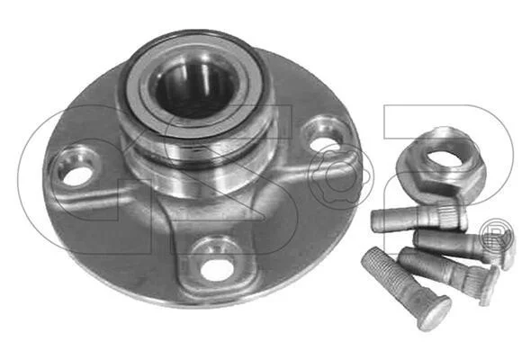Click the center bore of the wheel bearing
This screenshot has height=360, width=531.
click(x=195, y=89)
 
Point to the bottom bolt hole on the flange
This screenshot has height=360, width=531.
click(x=215, y=270)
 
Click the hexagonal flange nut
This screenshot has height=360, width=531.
click(x=441, y=165)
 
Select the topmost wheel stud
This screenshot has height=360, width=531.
click(x=419, y=218)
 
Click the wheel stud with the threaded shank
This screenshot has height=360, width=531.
click(x=405, y=287)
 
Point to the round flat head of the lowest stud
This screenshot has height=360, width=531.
click(x=435, y=313)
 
